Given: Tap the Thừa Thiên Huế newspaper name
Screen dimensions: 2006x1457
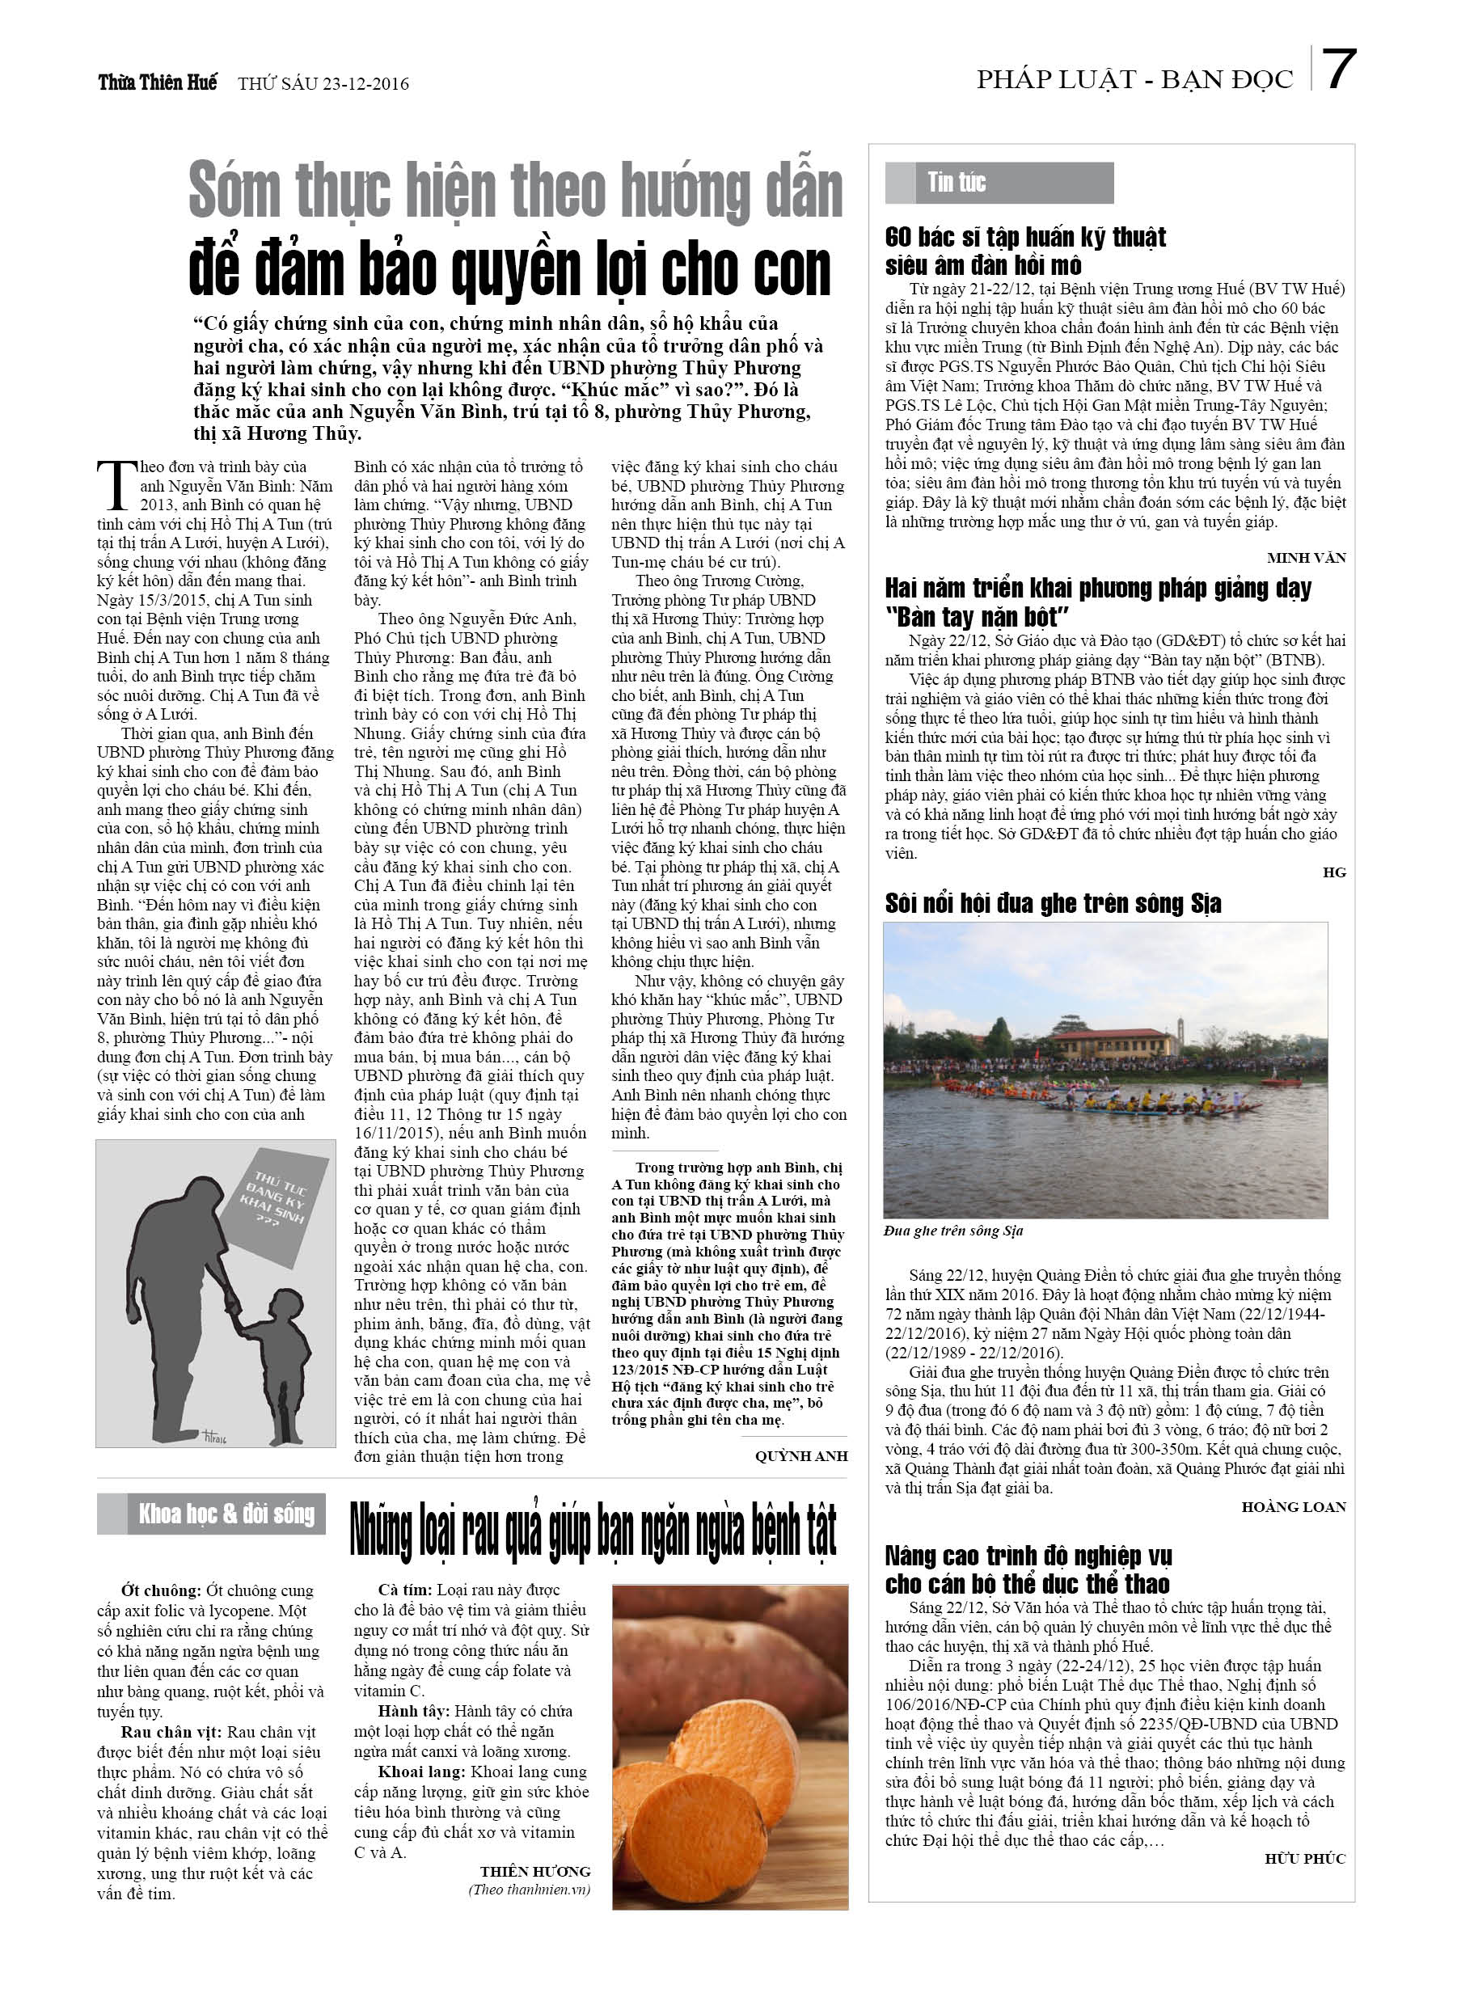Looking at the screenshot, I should [x=158, y=83].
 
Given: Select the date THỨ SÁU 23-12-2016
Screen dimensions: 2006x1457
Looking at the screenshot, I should [x=323, y=84].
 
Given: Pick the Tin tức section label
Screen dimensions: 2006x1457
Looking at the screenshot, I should [x=957, y=183].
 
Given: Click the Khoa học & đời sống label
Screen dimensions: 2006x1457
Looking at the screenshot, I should [x=226, y=1514].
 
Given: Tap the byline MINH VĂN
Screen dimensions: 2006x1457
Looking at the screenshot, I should [x=1306, y=557].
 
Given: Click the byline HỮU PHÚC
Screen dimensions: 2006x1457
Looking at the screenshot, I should [x=1305, y=1858].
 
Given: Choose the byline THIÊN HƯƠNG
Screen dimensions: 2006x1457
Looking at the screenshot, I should [x=534, y=1872].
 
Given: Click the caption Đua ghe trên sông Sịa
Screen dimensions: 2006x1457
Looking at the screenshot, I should [x=952, y=1231].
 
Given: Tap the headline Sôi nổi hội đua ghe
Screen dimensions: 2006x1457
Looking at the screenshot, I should [x=1053, y=903].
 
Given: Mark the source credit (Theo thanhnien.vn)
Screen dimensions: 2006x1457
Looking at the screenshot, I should [x=529, y=1890].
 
